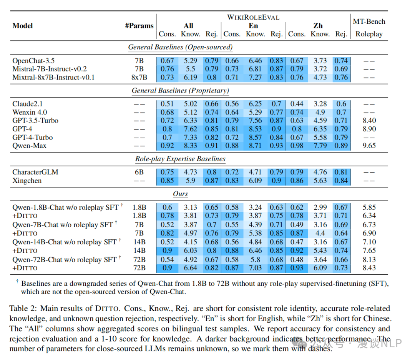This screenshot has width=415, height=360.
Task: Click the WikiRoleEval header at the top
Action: point(253,17)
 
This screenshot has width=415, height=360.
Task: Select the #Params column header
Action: point(139,26)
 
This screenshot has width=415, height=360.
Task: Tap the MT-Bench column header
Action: point(369,22)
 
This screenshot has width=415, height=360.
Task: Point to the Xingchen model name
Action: point(27,181)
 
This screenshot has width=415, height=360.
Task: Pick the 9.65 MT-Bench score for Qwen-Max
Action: point(369,146)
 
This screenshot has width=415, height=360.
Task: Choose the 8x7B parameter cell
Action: point(139,78)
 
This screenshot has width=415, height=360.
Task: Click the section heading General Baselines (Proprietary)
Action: point(180,91)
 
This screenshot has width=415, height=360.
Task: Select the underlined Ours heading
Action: point(180,194)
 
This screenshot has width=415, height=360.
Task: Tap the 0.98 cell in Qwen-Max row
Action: point(297,146)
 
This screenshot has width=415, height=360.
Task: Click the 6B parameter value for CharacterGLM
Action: point(139,172)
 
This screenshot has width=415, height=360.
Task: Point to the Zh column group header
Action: point(318,26)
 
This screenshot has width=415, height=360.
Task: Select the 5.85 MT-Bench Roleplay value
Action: point(369,207)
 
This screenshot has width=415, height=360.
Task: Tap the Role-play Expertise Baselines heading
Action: point(180,159)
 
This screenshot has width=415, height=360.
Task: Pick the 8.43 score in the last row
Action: point(369,268)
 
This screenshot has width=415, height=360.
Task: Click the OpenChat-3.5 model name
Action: point(34,61)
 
